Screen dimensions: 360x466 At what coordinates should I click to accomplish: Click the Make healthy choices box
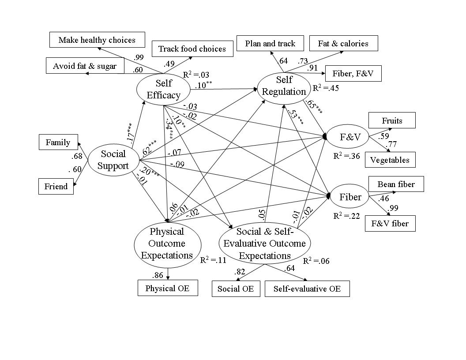pyautogui.click(x=97, y=40)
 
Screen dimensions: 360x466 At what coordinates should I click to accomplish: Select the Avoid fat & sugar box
pyautogui.click(x=85, y=66)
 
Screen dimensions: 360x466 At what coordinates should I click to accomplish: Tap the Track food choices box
pyautogui.click(x=192, y=49)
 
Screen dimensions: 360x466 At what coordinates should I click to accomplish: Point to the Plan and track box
pyautogui.click(x=270, y=44)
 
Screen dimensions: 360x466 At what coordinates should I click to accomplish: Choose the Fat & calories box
pyautogui.click(x=343, y=44)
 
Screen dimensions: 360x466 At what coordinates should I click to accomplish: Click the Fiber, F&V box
pyautogui.click(x=353, y=74)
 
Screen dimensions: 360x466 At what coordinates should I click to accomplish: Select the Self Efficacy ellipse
pyautogui.click(x=163, y=89)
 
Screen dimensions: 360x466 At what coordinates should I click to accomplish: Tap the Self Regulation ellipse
pyautogui.click(x=284, y=86)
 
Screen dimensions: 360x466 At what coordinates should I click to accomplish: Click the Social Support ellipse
pyautogui.click(x=113, y=160)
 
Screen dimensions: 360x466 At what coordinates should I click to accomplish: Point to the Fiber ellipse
pyautogui.click(x=350, y=197)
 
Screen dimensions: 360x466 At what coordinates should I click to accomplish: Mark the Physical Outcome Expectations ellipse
pyautogui.click(x=167, y=243)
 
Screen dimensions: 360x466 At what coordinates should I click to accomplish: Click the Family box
pyautogui.click(x=58, y=142)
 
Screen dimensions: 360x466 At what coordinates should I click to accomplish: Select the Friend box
pyautogui.click(x=56, y=187)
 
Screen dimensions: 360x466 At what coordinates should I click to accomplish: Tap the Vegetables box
pyautogui.click(x=390, y=160)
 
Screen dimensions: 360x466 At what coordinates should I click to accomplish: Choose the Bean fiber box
pyautogui.click(x=396, y=184)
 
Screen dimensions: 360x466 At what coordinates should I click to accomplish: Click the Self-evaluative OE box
pyautogui.click(x=307, y=289)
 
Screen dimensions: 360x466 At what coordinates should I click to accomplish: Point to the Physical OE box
pyautogui.click(x=167, y=288)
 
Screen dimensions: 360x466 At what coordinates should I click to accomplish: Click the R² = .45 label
pyautogui.click(x=326, y=88)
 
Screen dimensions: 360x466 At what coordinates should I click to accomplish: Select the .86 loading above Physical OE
pyautogui.click(x=158, y=276)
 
